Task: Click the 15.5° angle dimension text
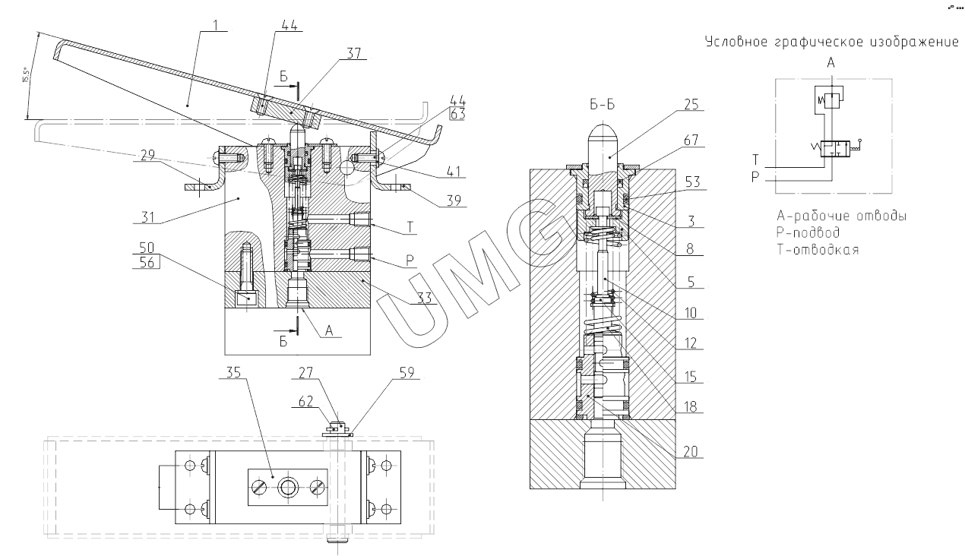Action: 26,76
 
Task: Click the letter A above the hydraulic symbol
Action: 831,64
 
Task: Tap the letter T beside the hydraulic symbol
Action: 756,160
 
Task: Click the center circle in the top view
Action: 287,487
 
